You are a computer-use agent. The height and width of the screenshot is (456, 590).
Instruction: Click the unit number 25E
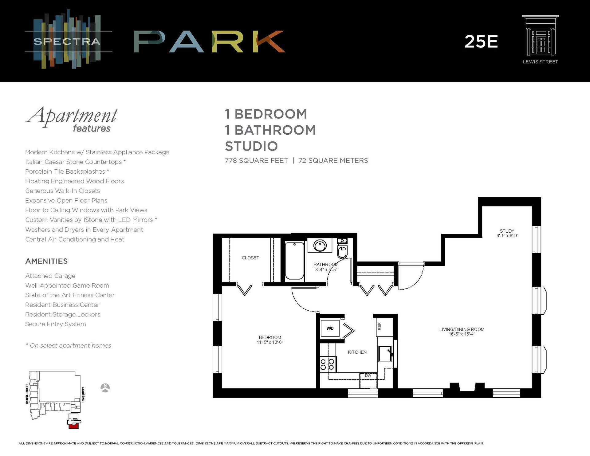pyautogui.click(x=481, y=41)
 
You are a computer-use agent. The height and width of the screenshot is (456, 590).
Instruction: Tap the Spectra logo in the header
pyautogui.click(x=67, y=41)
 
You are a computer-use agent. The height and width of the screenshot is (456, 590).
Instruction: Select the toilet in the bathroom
pyautogui.click(x=342, y=251)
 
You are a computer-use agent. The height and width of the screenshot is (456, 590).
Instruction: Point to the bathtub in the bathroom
pyautogui.click(x=294, y=261)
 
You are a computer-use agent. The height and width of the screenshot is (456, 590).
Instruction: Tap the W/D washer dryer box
pyautogui.click(x=330, y=328)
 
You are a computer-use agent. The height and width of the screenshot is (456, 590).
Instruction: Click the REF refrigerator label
pyautogui.click(x=380, y=326)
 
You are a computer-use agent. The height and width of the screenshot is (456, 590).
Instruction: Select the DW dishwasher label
pyautogui.click(x=368, y=375)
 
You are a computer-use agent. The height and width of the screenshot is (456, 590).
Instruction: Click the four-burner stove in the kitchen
pyautogui.click(x=327, y=364)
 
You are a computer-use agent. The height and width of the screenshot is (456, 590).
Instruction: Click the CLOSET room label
pyautogui.click(x=250, y=258)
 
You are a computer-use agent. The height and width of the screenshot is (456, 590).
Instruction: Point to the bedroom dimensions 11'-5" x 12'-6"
pyautogui.click(x=270, y=342)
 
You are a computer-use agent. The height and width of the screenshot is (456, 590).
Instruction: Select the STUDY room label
pyautogui.click(x=507, y=231)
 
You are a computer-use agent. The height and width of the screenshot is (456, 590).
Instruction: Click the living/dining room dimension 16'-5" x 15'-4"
pyautogui.click(x=462, y=334)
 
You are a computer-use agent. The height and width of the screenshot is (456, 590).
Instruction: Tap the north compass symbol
pyautogui.click(x=105, y=388)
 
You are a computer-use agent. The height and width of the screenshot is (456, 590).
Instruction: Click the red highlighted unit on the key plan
pyautogui.click(x=73, y=426)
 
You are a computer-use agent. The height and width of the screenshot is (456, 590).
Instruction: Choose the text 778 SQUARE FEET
pyautogui.click(x=256, y=161)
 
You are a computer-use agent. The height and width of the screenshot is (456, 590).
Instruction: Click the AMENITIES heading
pyautogui.click(x=46, y=261)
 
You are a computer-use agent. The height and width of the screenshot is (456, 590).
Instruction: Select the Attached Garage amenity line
pyautogui.click(x=50, y=276)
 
